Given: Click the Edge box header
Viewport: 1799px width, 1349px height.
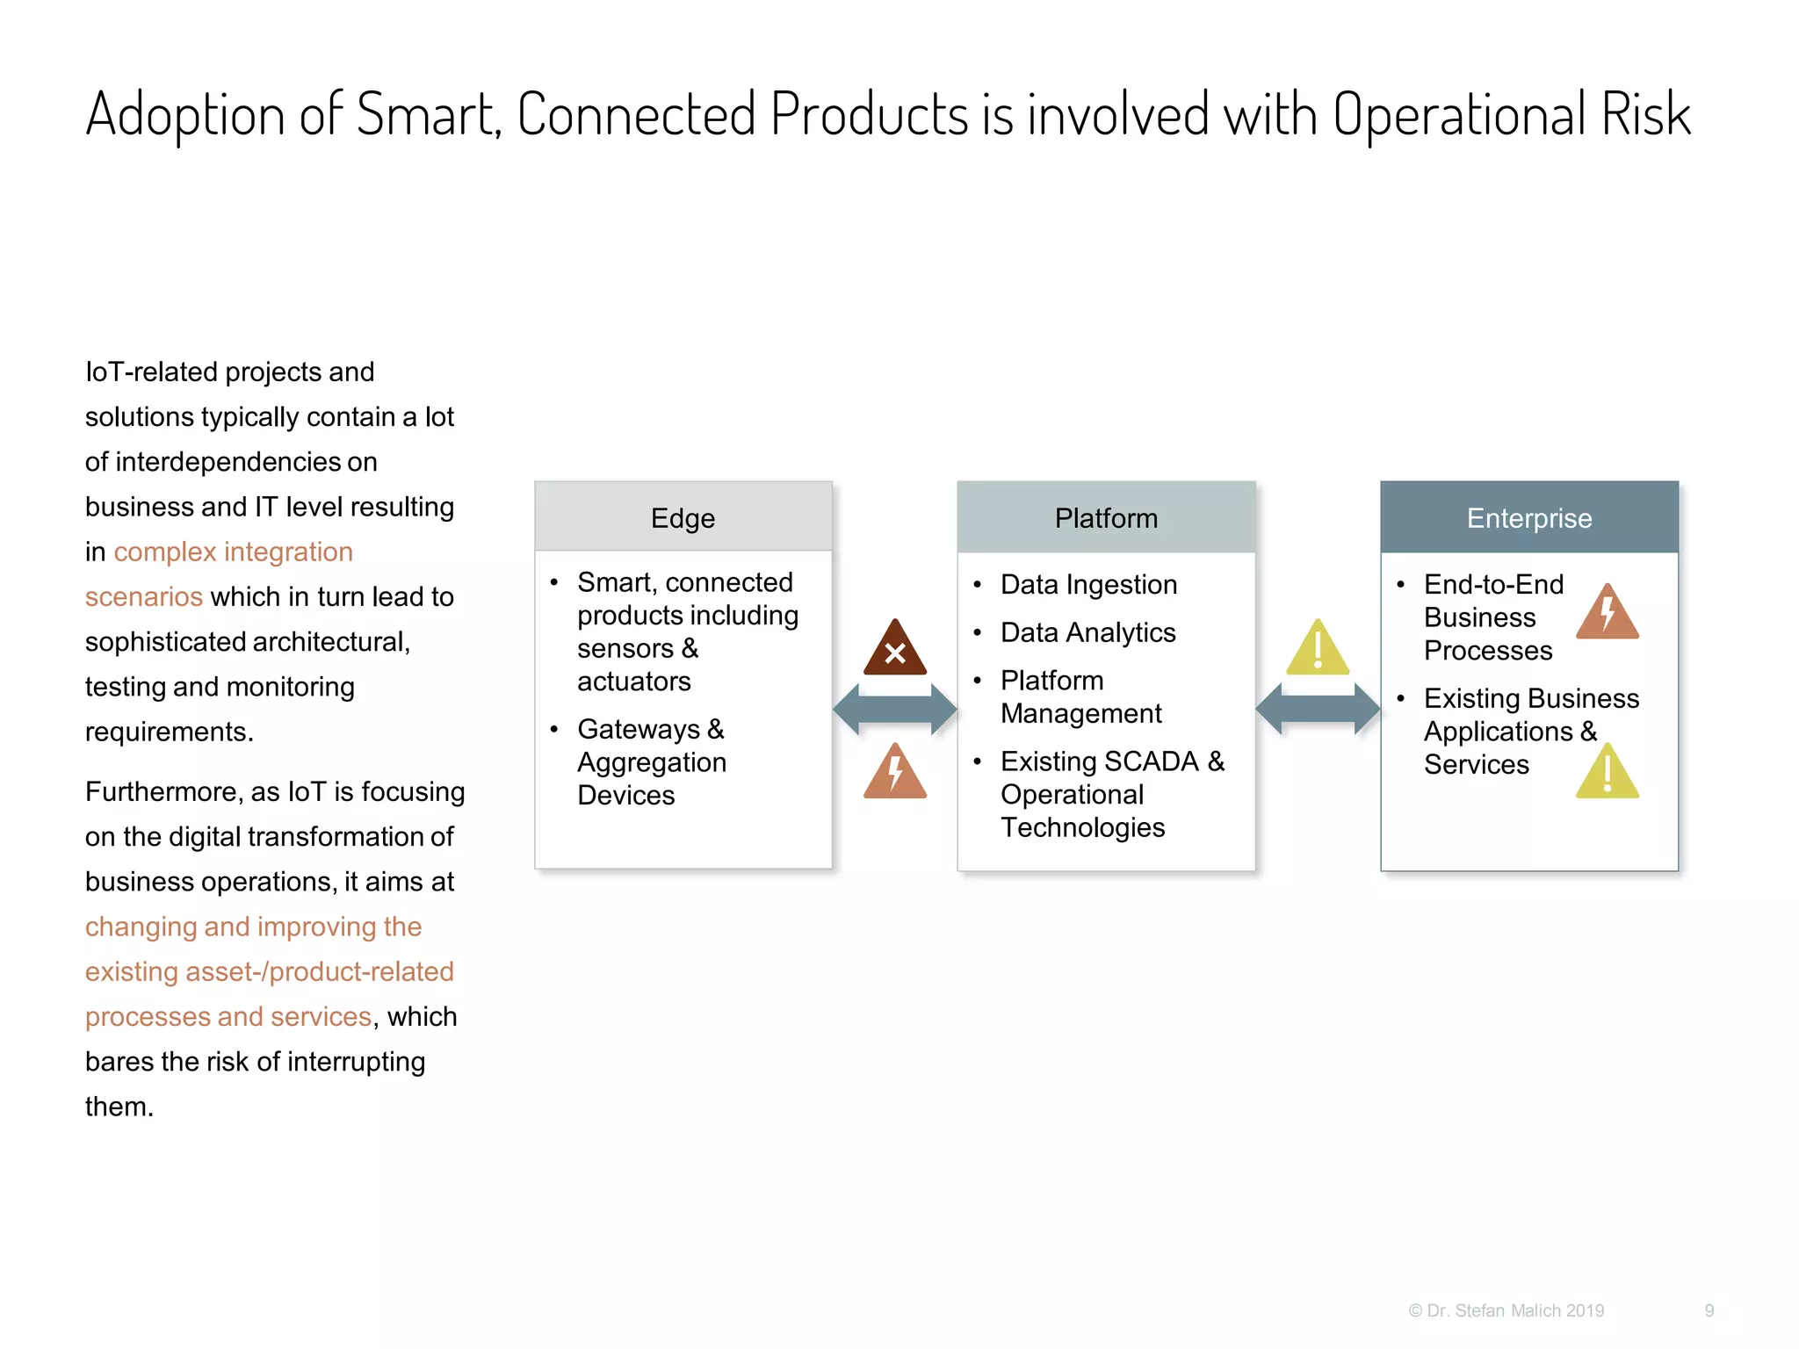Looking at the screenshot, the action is (x=683, y=517).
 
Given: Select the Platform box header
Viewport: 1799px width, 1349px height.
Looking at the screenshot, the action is (x=1106, y=517).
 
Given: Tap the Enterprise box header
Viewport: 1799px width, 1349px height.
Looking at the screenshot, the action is (x=1528, y=517).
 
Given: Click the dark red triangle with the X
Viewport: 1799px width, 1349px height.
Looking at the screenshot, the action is (x=894, y=651).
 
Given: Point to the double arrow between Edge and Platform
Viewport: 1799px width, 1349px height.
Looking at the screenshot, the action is (x=894, y=709).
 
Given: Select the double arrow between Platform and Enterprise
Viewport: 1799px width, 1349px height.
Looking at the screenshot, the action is (x=1318, y=709).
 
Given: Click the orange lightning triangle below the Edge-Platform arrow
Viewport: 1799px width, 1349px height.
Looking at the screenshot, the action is (x=894, y=774).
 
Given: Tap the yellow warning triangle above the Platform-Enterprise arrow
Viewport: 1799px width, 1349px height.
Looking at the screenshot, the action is (x=1318, y=651).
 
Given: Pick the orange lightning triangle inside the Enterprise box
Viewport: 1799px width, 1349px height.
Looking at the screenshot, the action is (x=1607, y=614).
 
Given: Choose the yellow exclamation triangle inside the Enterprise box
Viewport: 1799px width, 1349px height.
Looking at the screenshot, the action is (x=1607, y=774).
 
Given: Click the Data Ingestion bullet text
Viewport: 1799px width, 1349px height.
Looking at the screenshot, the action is (x=1088, y=585).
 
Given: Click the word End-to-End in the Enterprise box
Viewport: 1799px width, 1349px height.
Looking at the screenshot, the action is (x=1493, y=585).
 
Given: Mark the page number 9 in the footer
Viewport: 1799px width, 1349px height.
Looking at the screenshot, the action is (x=1709, y=1310).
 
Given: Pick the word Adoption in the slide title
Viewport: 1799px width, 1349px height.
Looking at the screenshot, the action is (x=185, y=115).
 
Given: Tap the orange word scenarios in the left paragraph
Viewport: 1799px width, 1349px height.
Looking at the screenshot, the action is (x=144, y=597).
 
